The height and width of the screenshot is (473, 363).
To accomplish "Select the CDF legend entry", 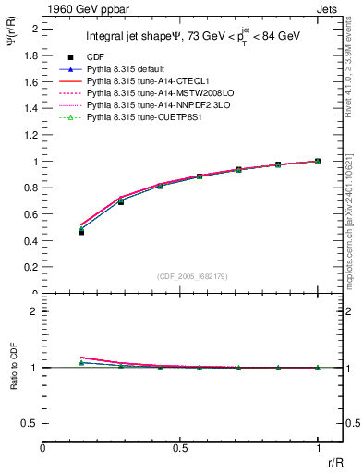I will click(95, 57).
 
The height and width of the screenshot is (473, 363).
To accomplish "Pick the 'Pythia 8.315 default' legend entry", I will click(127, 69).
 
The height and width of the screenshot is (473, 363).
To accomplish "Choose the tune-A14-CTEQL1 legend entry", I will click(143, 81).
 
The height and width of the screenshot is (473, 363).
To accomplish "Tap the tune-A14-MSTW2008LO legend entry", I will click(149, 93).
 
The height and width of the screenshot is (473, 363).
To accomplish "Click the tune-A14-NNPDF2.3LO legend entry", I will click(149, 105).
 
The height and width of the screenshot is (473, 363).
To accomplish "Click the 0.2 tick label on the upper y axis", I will click(31, 268).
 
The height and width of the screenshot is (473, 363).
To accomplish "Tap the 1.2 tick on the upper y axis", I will click(31, 135).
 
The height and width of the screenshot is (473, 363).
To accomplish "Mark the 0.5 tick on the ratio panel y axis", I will click(31, 423).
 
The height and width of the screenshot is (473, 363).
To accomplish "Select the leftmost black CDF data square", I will click(81, 232).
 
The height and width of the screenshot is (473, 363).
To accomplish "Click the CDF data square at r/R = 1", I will click(318, 162).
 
